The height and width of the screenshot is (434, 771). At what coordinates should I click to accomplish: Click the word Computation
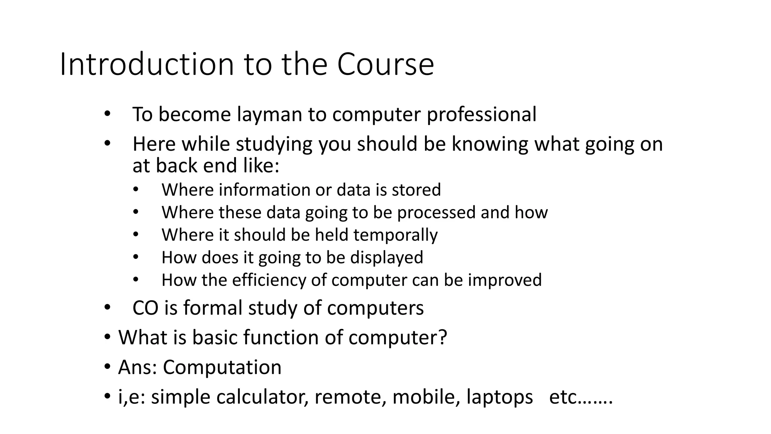point(222,367)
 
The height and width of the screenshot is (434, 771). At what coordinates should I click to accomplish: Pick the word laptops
point(500,397)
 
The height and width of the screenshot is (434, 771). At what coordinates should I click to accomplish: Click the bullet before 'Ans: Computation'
point(107,367)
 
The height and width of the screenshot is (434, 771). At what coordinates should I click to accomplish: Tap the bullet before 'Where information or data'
point(136,189)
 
